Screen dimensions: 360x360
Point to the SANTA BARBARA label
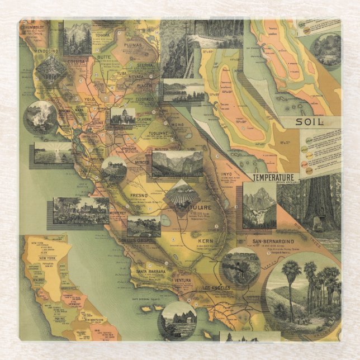click(x=148, y=272)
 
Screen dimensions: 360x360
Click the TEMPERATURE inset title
click(x=273, y=178)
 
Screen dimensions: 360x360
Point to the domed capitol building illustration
click(x=122, y=116)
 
